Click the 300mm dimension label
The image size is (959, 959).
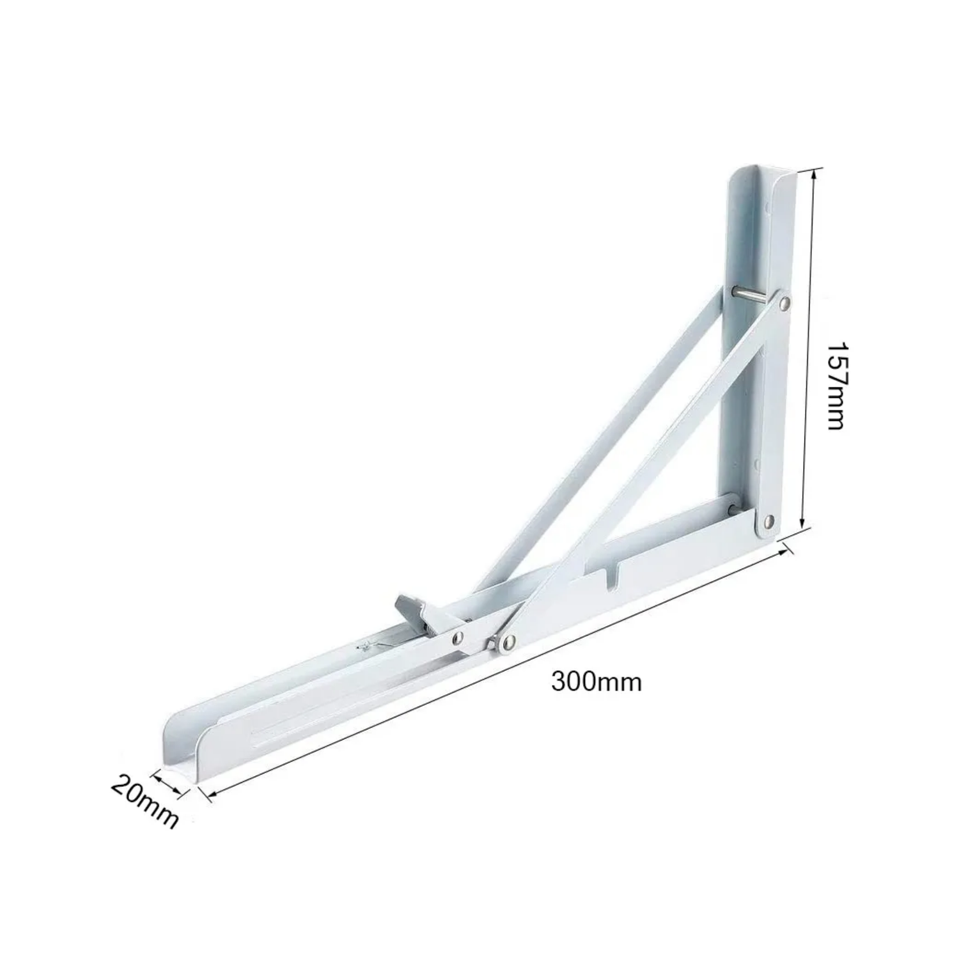(x=596, y=682)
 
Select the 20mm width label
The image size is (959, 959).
(x=144, y=801)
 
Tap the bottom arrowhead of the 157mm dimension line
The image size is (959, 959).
(x=806, y=527)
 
